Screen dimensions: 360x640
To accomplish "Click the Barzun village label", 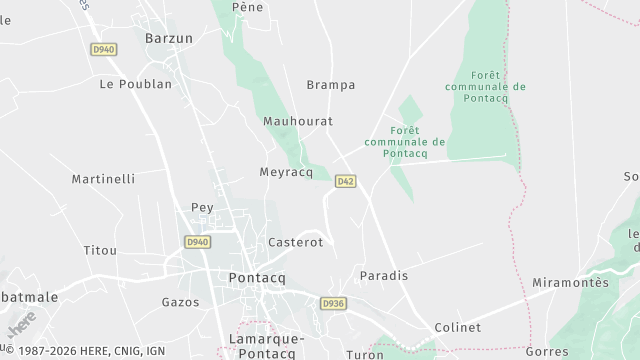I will [x=167, y=38].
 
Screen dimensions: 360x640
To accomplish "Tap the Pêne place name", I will [x=246, y=7].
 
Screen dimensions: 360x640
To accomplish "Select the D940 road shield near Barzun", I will [x=102, y=49].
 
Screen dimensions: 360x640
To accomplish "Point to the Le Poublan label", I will [x=136, y=85].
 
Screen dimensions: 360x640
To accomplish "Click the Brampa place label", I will [x=331, y=85].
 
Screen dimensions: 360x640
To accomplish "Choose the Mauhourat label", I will [x=297, y=121].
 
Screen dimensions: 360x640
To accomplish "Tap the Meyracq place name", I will [x=287, y=171].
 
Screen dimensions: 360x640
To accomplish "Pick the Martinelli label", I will [x=103, y=179].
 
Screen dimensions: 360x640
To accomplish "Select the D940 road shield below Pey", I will [x=198, y=241].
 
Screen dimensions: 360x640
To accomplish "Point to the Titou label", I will [x=100, y=249].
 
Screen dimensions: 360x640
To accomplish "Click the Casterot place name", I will [x=296, y=242].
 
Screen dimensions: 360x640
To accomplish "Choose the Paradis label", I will [x=383, y=275].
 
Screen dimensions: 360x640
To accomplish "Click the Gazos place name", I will [x=180, y=301].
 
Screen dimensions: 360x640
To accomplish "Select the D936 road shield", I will [x=333, y=302].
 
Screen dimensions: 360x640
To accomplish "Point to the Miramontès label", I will [x=571, y=283].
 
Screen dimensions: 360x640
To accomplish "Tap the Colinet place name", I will [x=458, y=327].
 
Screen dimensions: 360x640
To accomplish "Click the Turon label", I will [x=364, y=354].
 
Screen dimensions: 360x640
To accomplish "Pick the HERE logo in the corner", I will [x=22, y=324].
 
